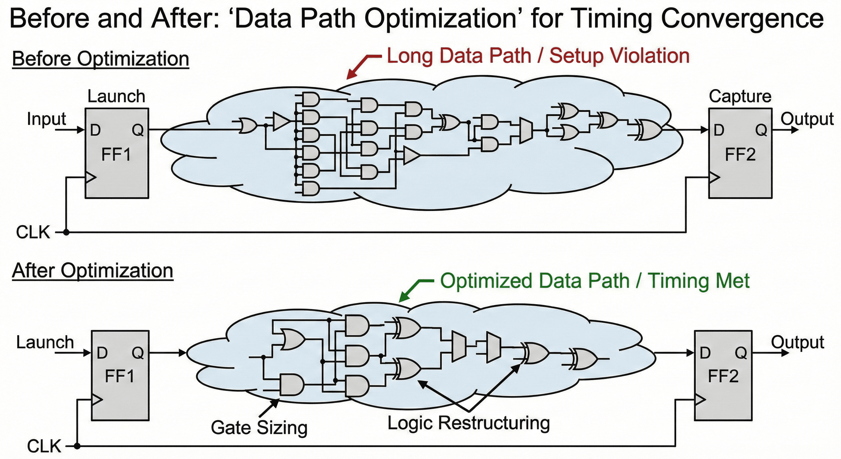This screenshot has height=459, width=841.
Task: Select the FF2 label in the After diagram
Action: (x=723, y=376)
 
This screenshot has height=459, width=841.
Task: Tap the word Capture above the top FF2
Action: (x=740, y=97)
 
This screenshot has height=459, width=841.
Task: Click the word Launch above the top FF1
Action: (x=116, y=97)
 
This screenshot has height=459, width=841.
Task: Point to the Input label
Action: (x=46, y=119)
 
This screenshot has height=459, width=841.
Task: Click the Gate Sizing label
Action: (x=259, y=428)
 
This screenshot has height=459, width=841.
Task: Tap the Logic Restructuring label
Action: (x=469, y=423)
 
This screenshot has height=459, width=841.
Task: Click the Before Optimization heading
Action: (x=101, y=59)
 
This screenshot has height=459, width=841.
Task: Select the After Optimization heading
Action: (x=92, y=271)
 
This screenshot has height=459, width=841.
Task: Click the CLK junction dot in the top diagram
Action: (x=66, y=232)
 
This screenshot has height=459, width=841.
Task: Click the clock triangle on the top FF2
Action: (x=714, y=178)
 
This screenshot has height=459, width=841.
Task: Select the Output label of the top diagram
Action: (x=807, y=119)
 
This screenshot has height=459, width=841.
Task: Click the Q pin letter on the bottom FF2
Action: (x=741, y=353)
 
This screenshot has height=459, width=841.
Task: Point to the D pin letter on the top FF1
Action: (x=95, y=131)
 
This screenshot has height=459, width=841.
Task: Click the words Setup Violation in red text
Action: (x=619, y=56)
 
